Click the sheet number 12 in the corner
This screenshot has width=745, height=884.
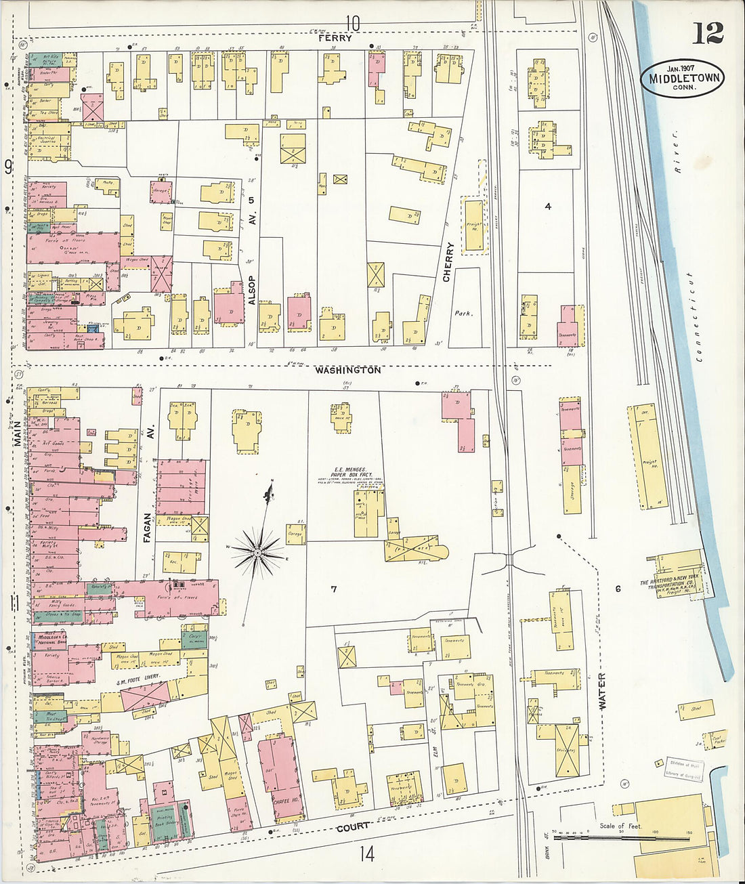(708, 32)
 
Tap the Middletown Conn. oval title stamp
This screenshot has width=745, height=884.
(683, 78)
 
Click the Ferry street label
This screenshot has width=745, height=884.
(337, 39)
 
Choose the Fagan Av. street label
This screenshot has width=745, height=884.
(148, 528)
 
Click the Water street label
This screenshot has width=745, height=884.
(602, 690)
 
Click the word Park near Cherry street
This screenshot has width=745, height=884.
(463, 314)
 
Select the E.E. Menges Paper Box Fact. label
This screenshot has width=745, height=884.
(349, 473)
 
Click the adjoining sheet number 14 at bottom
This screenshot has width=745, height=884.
(366, 855)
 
